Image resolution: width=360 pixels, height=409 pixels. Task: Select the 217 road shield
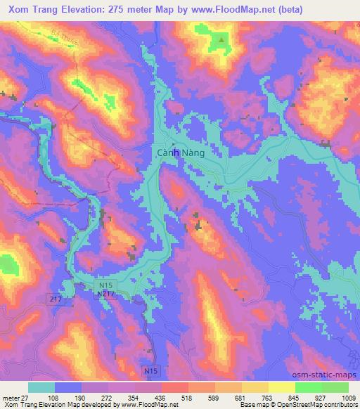(56, 299)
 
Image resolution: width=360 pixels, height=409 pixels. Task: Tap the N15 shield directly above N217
(103, 285)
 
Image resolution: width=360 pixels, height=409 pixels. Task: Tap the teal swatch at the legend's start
(41, 387)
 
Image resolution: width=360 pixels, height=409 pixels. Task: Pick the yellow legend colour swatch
(282, 387)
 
